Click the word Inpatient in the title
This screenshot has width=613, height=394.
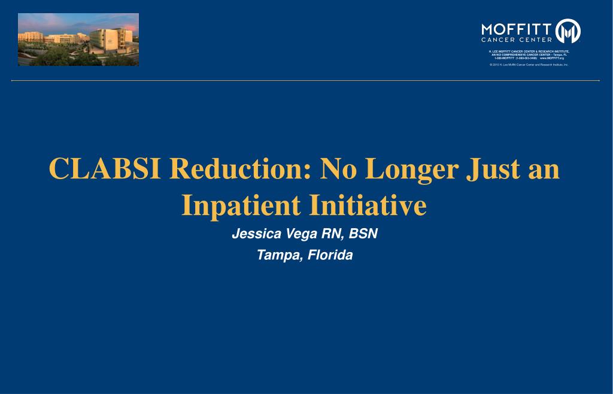click(x=241, y=205)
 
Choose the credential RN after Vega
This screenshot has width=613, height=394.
click(x=330, y=234)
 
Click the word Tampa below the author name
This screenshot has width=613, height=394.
click(x=278, y=255)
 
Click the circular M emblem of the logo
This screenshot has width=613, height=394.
click(x=568, y=31)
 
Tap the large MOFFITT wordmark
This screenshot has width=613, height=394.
click(x=517, y=28)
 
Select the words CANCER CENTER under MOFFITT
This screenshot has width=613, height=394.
click(x=517, y=40)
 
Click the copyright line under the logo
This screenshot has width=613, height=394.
click(x=529, y=64)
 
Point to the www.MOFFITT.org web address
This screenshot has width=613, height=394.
click(x=552, y=58)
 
